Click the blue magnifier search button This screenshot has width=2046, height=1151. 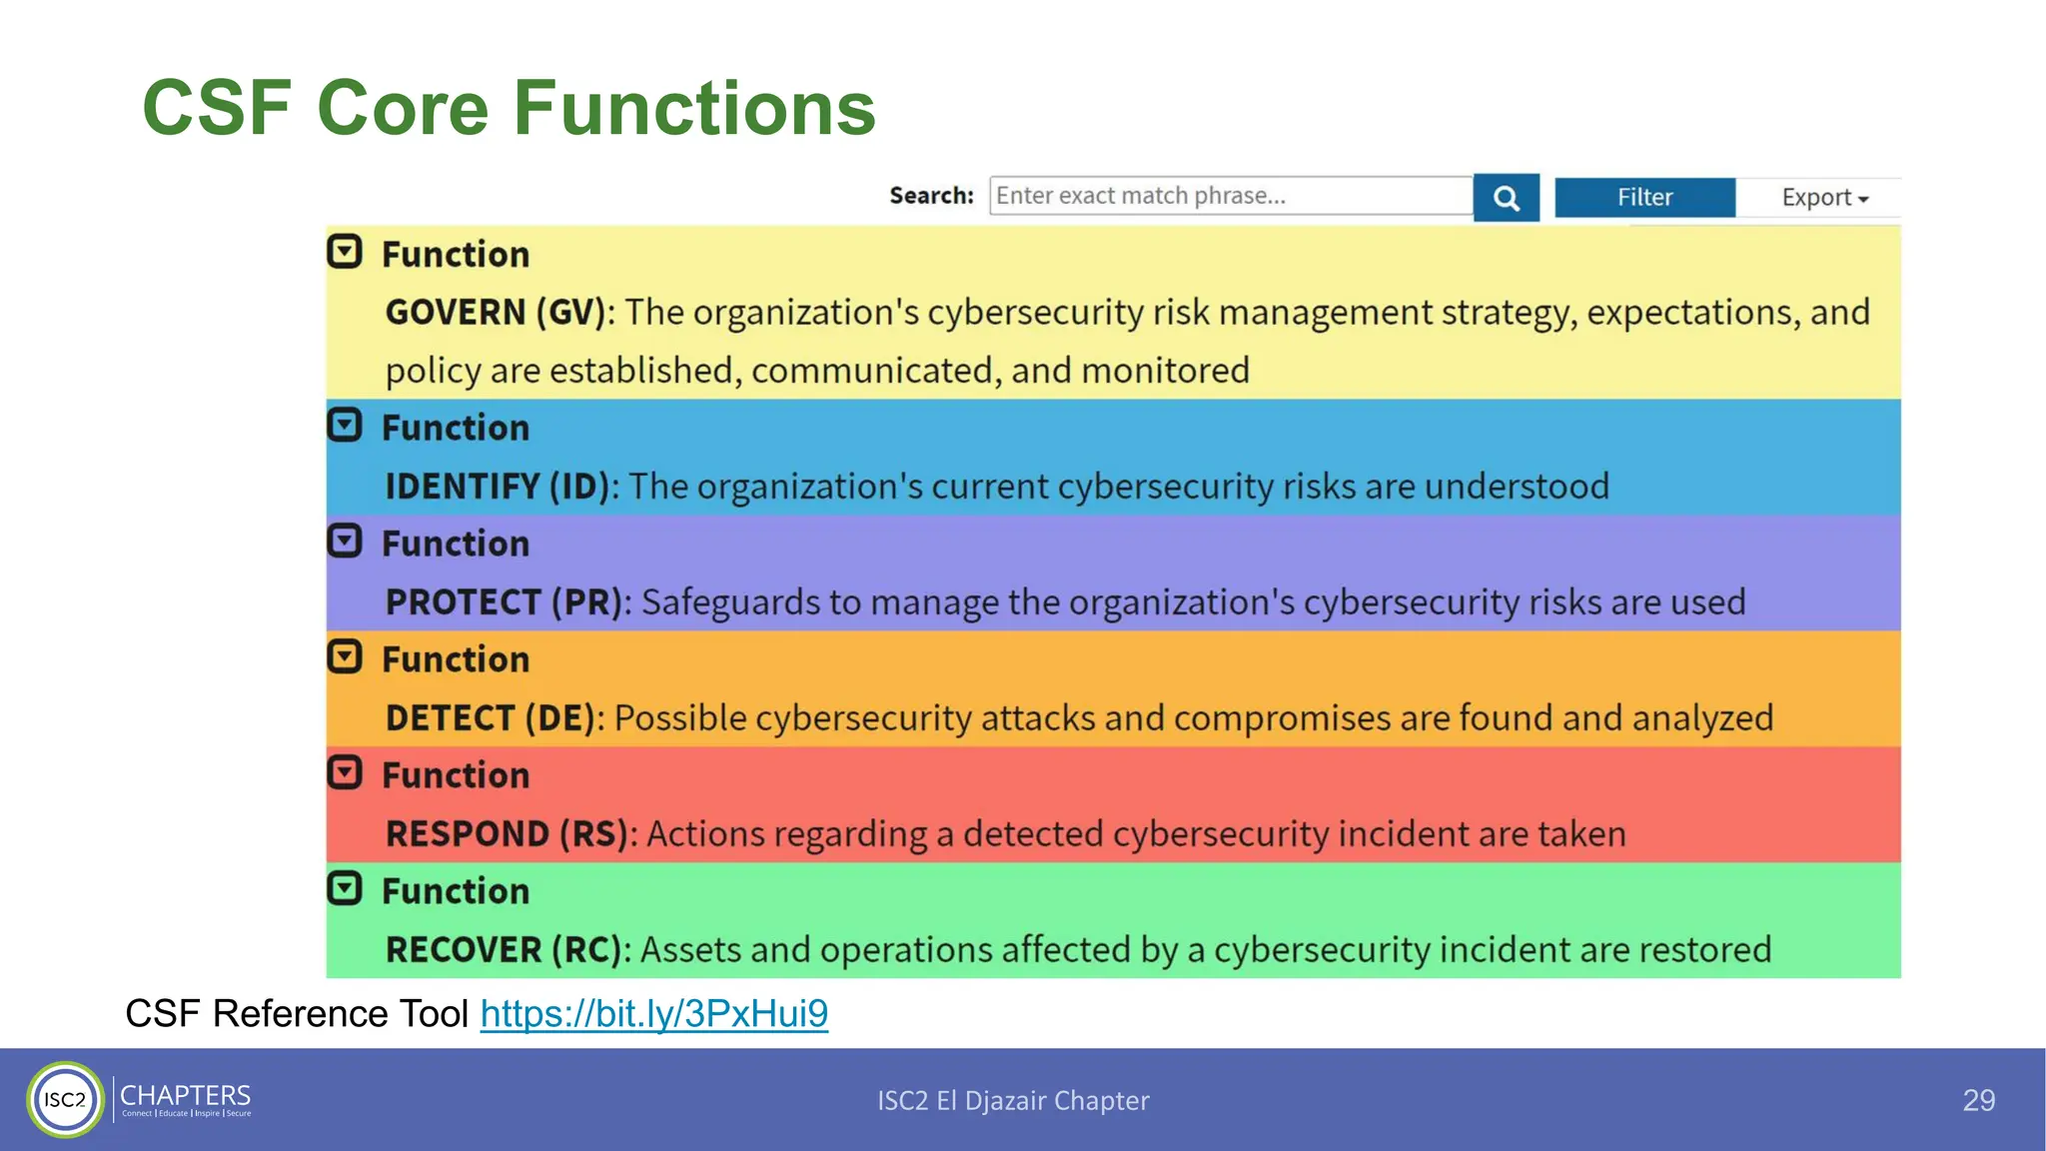tap(1506, 198)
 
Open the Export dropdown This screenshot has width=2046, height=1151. tap(1823, 198)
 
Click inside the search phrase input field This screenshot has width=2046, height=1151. tap(1229, 196)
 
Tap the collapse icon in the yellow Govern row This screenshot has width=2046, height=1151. tap(345, 252)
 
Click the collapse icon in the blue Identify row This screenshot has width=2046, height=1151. tap(345, 426)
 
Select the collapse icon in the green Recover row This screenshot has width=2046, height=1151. tap(345, 888)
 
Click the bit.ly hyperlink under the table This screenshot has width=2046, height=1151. tap(653, 1013)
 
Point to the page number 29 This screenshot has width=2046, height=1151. tap(1978, 1100)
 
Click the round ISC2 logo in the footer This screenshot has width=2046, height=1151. tap(66, 1100)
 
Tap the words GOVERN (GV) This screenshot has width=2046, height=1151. tap(496, 313)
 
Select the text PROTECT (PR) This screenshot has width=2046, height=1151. tap(505, 602)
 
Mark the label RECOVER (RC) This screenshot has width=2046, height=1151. tap(504, 950)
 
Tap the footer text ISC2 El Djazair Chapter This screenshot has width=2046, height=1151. tap(1013, 1100)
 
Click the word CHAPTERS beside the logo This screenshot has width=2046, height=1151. tap(185, 1095)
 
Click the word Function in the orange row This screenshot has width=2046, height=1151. tap(456, 659)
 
